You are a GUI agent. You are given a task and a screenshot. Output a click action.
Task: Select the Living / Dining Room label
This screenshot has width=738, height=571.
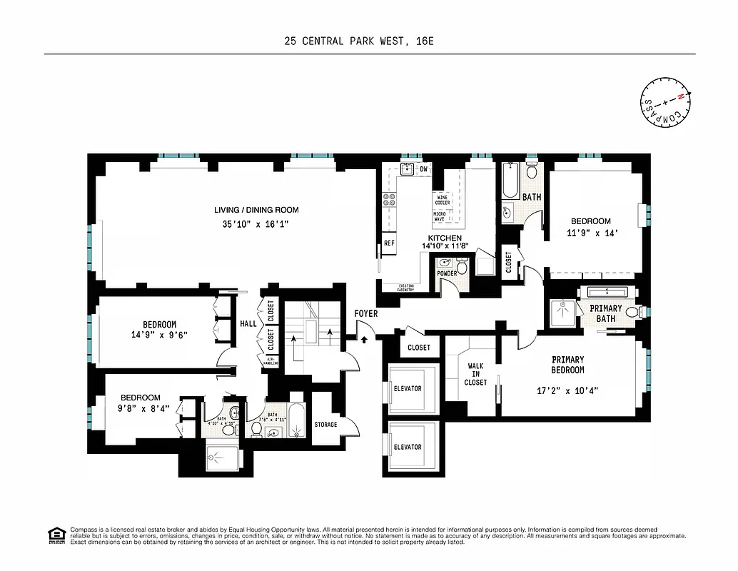click(x=256, y=210)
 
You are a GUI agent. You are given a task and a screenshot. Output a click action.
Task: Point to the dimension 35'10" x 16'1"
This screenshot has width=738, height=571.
click(x=256, y=224)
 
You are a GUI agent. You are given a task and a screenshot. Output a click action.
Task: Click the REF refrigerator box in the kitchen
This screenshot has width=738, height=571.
click(x=389, y=243)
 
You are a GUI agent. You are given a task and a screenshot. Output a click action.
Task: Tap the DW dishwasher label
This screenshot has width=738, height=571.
click(x=424, y=169)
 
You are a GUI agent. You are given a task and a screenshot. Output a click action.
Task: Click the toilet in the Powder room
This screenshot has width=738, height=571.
click(x=462, y=268)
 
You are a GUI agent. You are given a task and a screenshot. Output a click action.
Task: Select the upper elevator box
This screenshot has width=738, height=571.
click(x=408, y=388)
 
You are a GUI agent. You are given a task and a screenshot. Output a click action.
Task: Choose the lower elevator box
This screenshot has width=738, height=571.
click(x=408, y=447)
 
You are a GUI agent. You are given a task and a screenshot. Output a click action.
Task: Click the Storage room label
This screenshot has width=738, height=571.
click(x=325, y=425)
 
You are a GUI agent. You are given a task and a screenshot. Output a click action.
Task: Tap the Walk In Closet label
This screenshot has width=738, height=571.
click(x=475, y=374)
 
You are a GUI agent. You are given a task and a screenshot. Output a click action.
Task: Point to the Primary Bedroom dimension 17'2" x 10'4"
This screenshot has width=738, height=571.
click(x=567, y=390)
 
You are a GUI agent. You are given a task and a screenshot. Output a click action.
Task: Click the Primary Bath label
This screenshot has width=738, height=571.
click(x=606, y=313)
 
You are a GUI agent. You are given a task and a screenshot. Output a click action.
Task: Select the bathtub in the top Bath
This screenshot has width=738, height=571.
click(x=509, y=182)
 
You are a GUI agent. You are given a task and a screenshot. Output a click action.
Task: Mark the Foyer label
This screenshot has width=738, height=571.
click(x=365, y=313)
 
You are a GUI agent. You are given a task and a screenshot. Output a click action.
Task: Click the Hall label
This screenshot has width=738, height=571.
click(x=248, y=323)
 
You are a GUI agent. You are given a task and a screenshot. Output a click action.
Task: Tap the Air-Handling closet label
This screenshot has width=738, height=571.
click(x=271, y=360)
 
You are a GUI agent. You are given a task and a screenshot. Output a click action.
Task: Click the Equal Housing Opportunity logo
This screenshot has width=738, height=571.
click(x=55, y=534)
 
